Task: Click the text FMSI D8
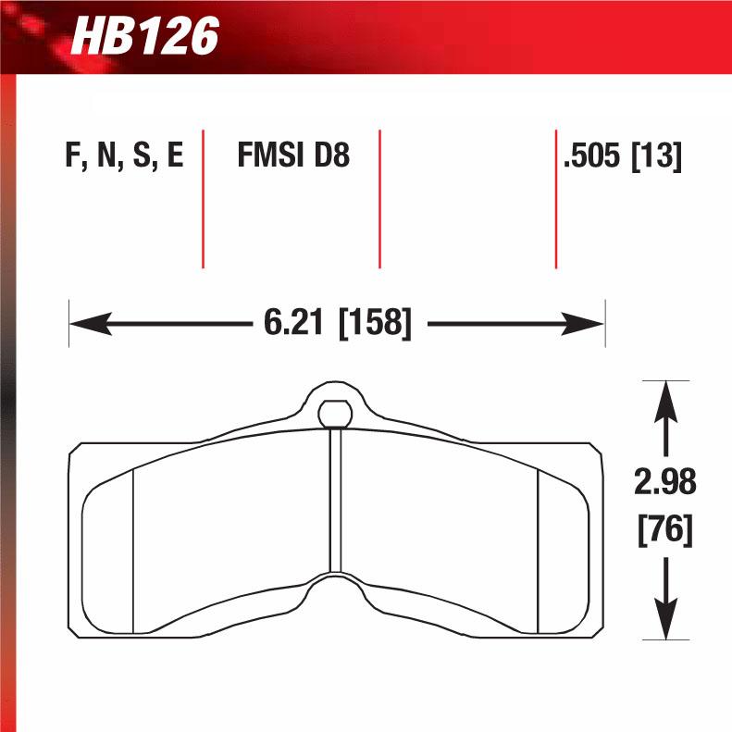click(x=293, y=155)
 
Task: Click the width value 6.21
click(x=293, y=323)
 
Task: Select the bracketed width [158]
click(x=375, y=323)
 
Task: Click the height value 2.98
click(x=665, y=482)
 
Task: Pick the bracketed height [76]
click(x=665, y=531)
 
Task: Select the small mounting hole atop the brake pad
click(x=335, y=412)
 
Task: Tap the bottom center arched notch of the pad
click(x=336, y=585)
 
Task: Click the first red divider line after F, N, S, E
click(x=203, y=199)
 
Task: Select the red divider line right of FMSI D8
click(x=379, y=199)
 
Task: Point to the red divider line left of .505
click(x=555, y=199)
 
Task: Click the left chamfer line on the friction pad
click(x=133, y=551)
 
